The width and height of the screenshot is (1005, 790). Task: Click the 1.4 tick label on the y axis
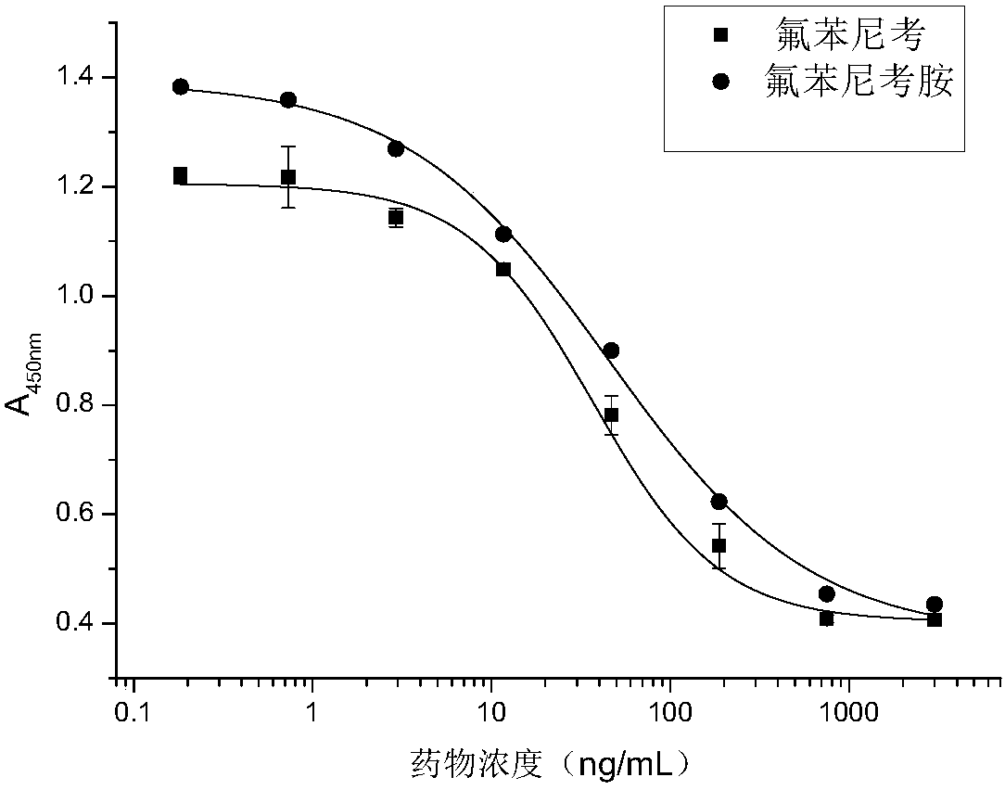[81, 78]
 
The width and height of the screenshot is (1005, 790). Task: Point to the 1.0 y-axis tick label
[81, 297]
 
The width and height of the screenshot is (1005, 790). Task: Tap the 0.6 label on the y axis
[81, 515]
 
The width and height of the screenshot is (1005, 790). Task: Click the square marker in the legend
[720, 36]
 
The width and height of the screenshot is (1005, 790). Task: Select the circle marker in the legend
[720, 82]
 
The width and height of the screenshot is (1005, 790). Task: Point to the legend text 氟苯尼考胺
[858, 82]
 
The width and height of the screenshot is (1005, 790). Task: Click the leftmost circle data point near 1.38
[181, 87]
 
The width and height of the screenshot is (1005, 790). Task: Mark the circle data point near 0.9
[611, 350]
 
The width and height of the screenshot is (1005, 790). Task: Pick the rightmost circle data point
[934, 605]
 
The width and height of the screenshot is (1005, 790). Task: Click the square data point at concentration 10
[503, 270]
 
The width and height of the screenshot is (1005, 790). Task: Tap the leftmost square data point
[180, 175]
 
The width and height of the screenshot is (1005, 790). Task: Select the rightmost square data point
[934, 619]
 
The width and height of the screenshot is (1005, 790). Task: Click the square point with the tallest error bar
[288, 177]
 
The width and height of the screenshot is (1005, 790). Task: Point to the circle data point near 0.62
[719, 502]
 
